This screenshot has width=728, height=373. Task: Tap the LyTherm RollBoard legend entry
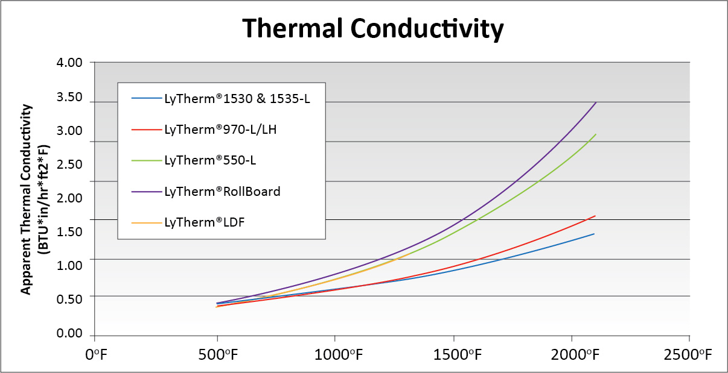pyautogui.click(x=222, y=191)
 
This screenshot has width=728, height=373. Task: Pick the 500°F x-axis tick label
pyautogui.click(x=217, y=356)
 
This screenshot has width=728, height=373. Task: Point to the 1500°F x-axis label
pyautogui.click(x=457, y=356)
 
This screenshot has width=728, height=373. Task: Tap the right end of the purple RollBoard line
pyautogui.click(x=596, y=102)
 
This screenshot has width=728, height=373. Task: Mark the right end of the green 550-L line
pyautogui.click(x=596, y=134)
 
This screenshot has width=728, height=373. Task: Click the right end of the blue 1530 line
pyautogui.click(x=595, y=234)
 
